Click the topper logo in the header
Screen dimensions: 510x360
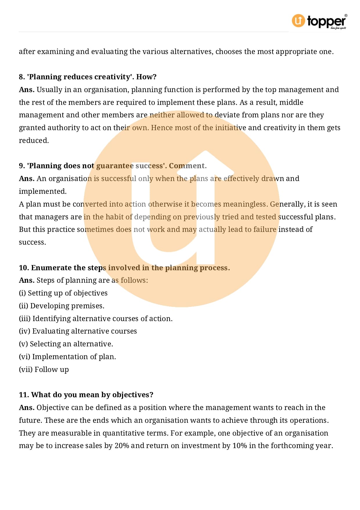(x=319, y=21)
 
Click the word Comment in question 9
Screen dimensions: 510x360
(x=188, y=166)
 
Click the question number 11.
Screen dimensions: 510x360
(x=24, y=395)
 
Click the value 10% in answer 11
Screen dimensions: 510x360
(x=240, y=446)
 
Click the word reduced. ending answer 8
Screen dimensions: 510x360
(x=34, y=141)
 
